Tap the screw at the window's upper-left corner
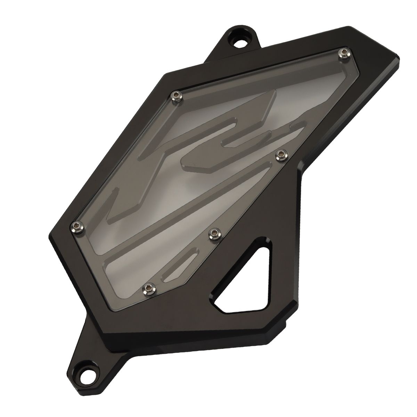[177, 96]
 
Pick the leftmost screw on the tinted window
[77, 227]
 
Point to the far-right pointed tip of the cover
[399, 59]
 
